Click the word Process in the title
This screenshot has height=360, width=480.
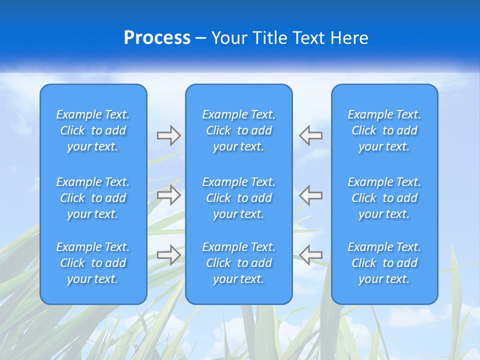[x=157, y=38]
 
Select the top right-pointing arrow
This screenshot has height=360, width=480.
[x=168, y=135]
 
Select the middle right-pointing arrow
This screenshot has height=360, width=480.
[x=168, y=195]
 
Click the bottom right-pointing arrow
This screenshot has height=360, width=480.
[x=168, y=255]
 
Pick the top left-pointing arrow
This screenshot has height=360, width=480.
[x=311, y=135]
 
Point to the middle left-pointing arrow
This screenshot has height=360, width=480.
[x=311, y=195]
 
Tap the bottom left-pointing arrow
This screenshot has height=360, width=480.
[x=311, y=255]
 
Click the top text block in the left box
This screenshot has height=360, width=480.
[x=93, y=130]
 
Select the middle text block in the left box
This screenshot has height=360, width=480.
[x=93, y=198]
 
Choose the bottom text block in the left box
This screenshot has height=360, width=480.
[x=93, y=263]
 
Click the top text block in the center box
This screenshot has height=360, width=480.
[x=239, y=130]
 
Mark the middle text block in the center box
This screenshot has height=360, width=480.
[x=239, y=198]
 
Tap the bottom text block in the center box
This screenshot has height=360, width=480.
[x=239, y=263]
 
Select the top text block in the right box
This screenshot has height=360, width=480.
[x=384, y=130]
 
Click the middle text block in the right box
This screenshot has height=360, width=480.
[x=384, y=198]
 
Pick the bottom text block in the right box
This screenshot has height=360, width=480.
[x=384, y=263]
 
